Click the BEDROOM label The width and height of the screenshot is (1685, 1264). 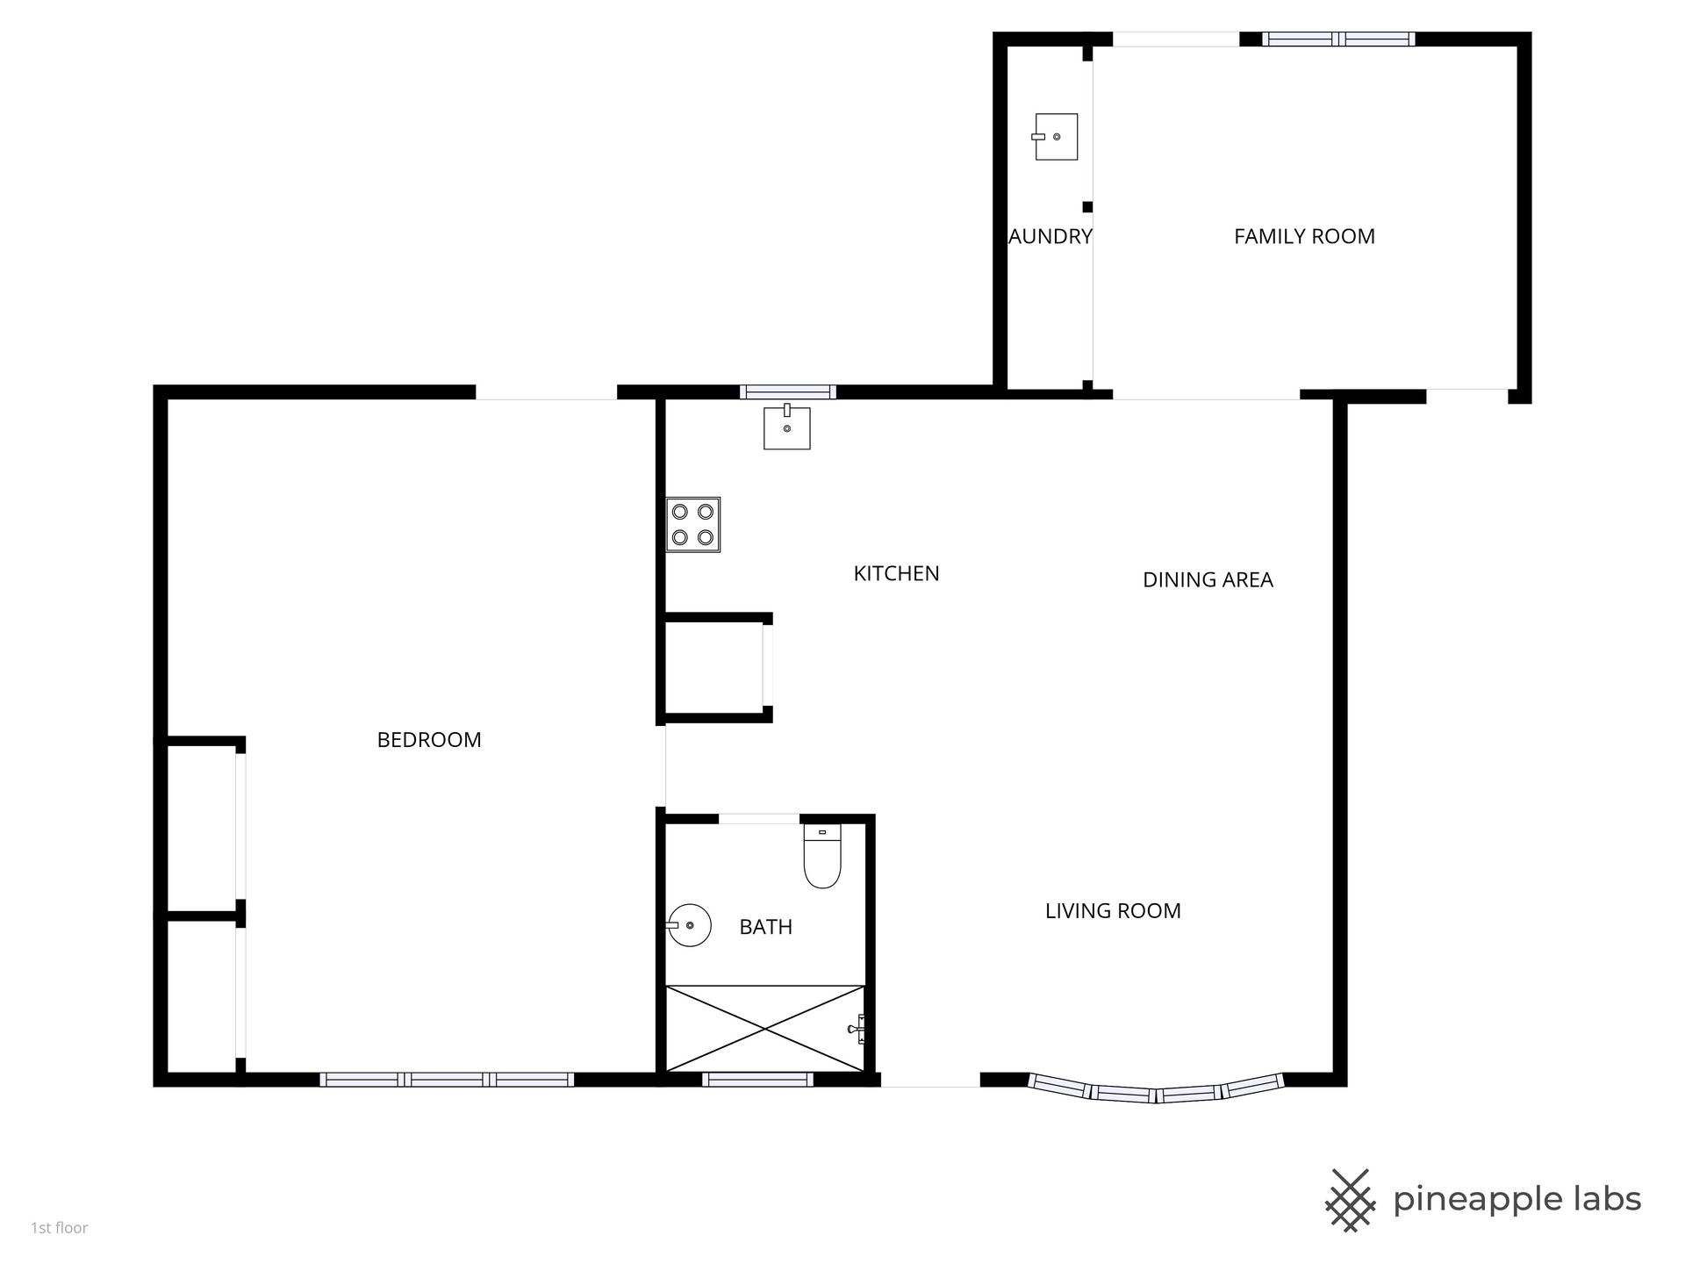[x=429, y=740]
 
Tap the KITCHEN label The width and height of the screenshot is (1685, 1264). [x=896, y=573]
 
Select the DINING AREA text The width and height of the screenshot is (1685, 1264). [x=1208, y=579]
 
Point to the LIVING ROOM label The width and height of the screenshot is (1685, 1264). [x=1113, y=911]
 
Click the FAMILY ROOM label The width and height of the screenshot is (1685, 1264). [x=1304, y=236]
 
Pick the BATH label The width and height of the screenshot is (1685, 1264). [x=766, y=927]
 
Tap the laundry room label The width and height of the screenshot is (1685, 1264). [x=1050, y=236]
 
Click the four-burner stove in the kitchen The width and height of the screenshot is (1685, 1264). [x=692, y=524]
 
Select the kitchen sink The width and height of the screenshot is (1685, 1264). [x=786, y=427]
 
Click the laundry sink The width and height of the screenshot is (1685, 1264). [x=1055, y=137]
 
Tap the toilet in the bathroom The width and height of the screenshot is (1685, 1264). [x=822, y=857]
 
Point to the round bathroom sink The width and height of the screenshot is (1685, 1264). [x=689, y=925]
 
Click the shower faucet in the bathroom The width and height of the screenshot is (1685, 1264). [x=857, y=1028]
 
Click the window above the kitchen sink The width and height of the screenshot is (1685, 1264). [x=788, y=392]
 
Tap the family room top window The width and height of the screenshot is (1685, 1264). [x=1338, y=39]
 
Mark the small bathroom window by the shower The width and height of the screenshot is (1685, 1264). [x=757, y=1080]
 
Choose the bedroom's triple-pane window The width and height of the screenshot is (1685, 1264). [x=447, y=1080]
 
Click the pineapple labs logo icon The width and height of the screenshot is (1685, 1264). [x=1350, y=1200]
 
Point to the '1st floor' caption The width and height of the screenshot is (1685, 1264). [x=60, y=1228]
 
